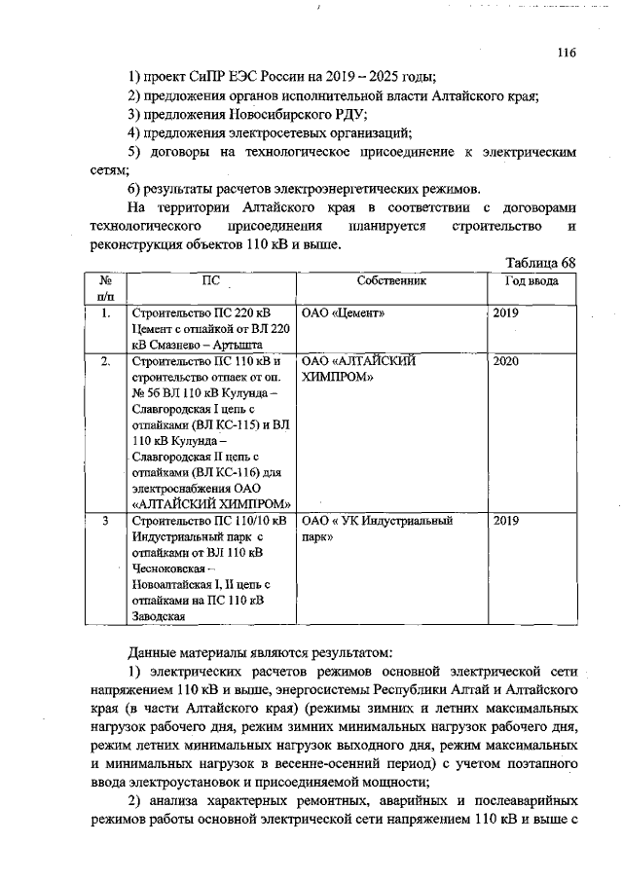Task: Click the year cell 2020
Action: [x=506, y=360]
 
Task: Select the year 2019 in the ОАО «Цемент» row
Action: [x=506, y=313]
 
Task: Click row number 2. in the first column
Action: [x=106, y=360]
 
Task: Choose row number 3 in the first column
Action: [x=105, y=521]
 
